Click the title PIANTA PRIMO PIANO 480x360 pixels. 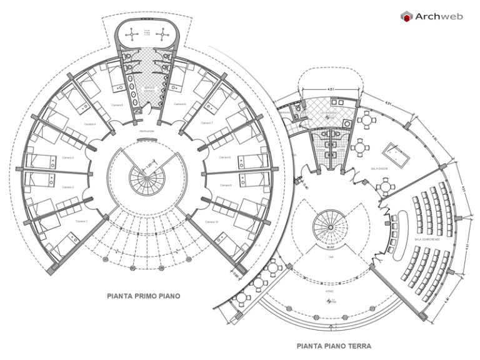(x=144, y=296)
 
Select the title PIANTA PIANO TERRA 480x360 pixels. (x=334, y=345)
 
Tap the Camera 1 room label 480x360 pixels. (x=82, y=222)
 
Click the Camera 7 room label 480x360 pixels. (x=208, y=124)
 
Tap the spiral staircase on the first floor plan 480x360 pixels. (x=148, y=177)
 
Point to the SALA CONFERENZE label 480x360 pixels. (x=427, y=239)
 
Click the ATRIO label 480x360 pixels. (x=329, y=291)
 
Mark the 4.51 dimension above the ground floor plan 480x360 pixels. (x=329, y=89)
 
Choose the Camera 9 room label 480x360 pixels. (x=226, y=186)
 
